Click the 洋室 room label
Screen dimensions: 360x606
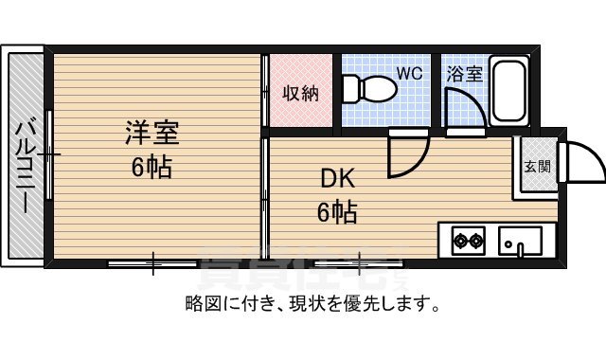[152, 133]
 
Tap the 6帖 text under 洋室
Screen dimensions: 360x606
[152, 168]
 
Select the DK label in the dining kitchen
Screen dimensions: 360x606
[336, 177]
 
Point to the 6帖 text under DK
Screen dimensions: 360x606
[336, 212]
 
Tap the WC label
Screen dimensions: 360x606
[409, 72]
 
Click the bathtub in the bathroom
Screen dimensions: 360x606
[511, 93]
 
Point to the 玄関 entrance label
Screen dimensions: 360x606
[537, 168]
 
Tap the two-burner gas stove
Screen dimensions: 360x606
[466, 240]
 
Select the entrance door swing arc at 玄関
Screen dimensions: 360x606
[582, 163]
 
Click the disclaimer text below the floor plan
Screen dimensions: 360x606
[312, 305]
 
